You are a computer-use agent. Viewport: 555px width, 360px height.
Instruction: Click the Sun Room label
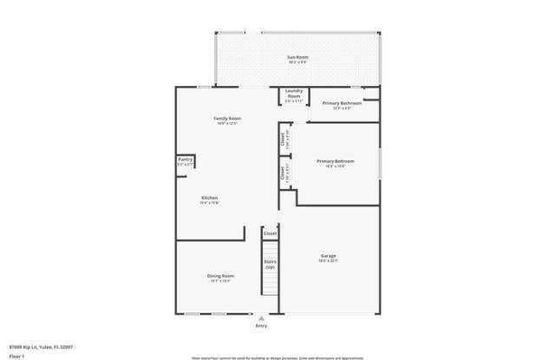(x=298, y=57)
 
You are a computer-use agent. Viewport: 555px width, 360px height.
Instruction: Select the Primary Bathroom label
(x=342, y=103)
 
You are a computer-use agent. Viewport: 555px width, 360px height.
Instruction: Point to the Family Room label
(x=227, y=118)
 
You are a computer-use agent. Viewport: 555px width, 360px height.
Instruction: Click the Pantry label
(x=185, y=159)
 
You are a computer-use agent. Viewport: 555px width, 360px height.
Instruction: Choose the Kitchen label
(x=210, y=197)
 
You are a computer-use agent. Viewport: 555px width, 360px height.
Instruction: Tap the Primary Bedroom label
(x=336, y=160)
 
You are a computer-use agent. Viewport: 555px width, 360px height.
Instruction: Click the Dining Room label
(x=220, y=275)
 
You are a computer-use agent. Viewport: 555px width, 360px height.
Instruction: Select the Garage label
(x=329, y=256)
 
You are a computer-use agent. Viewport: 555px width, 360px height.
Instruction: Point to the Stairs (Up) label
(x=271, y=263)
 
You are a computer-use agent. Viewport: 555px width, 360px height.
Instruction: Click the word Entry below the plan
(x=261, y=325)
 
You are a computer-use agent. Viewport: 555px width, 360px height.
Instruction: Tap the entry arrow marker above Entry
(x=261, y=317)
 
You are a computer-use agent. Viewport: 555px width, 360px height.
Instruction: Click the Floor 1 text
(x=16, y=356)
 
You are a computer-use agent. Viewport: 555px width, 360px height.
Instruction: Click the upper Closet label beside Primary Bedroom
(x=283, y=138)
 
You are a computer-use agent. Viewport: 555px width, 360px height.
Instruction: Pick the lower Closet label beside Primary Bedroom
(x=283, y=173)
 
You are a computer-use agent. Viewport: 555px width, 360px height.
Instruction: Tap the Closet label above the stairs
(x=271, y=233)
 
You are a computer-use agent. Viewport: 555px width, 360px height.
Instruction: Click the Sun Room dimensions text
(x=298, y=63)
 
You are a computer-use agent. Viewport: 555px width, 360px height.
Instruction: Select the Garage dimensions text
(x=329, y=261)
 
